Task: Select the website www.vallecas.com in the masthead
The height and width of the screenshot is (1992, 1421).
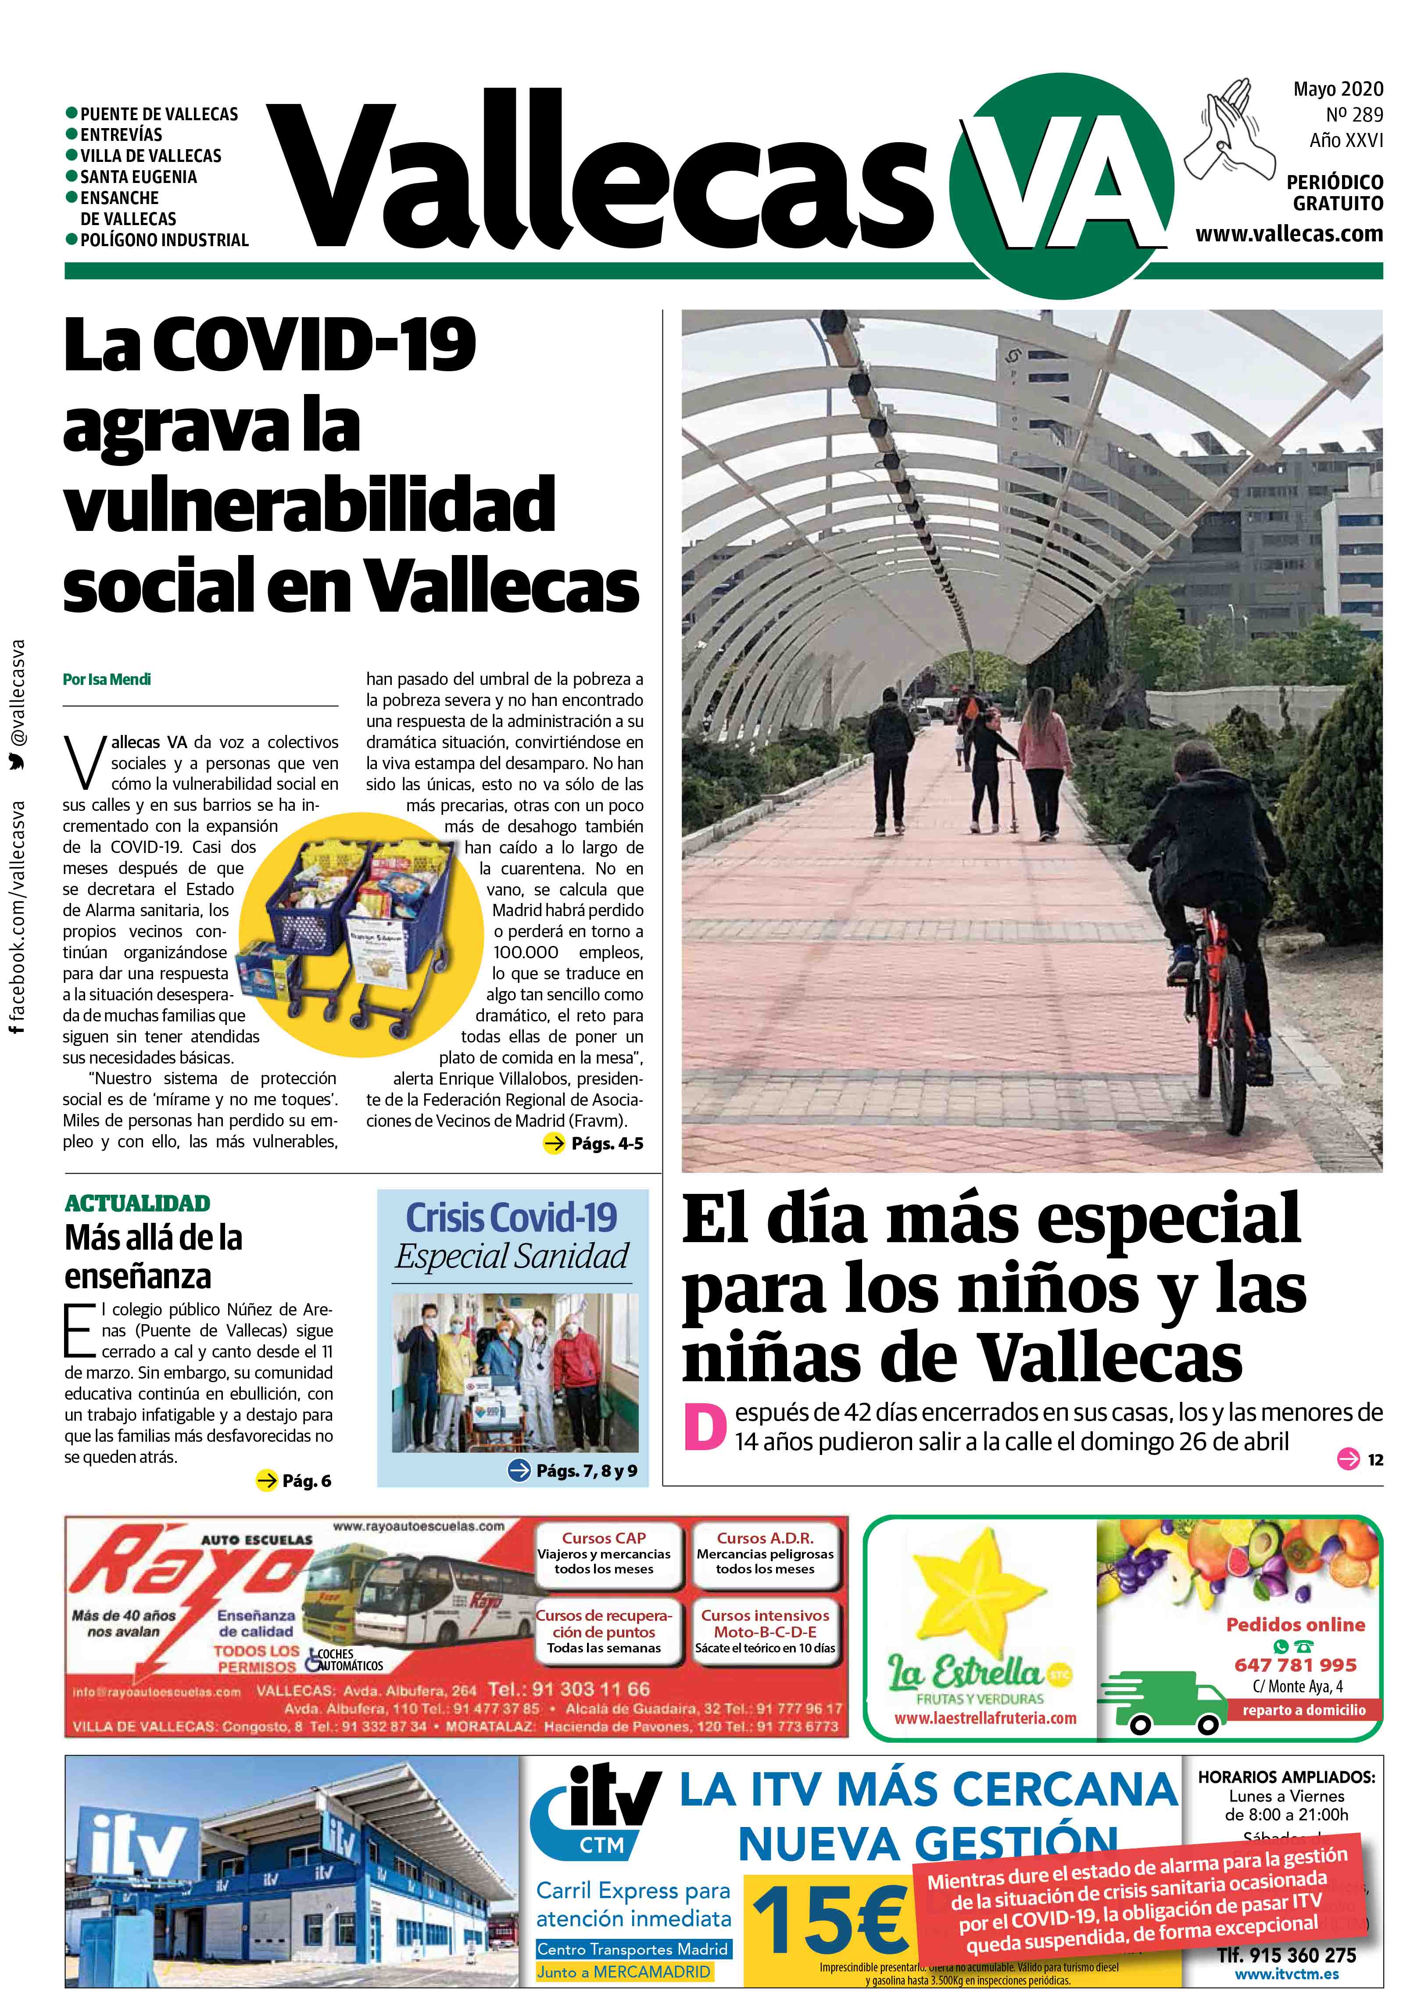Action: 1289,233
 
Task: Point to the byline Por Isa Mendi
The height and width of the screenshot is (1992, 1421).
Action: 107,679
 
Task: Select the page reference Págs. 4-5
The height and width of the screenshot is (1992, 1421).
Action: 606,1143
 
